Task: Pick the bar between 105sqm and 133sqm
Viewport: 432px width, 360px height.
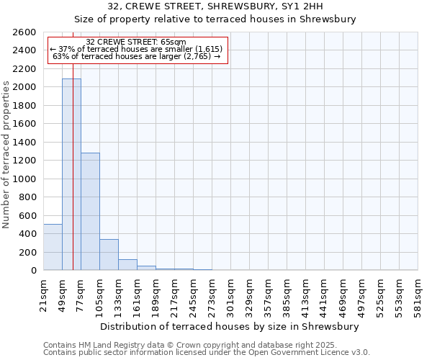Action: coord(109,255)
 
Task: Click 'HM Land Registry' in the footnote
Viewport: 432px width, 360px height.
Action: coord(107,345)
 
